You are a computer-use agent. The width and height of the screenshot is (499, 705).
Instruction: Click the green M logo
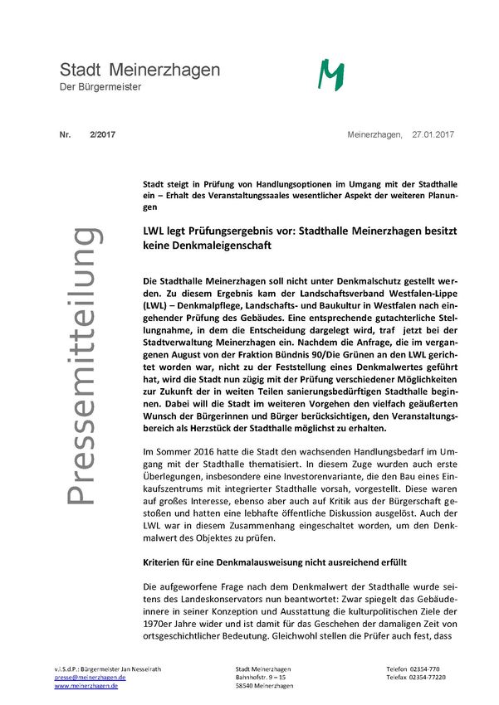pyautogui.click(x=332, y=75)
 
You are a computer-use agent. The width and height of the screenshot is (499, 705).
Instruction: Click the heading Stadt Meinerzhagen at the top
pyautogui.click(x=139, y=70)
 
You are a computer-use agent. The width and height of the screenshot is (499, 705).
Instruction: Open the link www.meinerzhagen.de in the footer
pyautogui.click(x=86, y=686)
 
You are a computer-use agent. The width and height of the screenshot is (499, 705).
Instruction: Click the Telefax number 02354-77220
pyautogui.click(x=440, y=677)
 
